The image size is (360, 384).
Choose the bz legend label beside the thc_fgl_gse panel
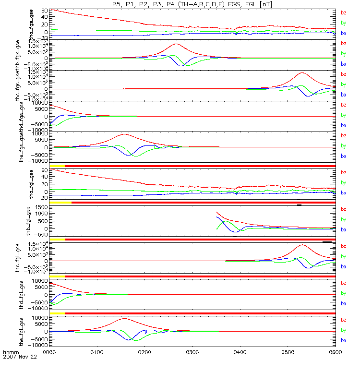[x=343, y=246]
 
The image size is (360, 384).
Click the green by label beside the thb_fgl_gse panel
[x=343, y=219]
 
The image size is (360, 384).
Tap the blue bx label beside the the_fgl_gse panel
[x=343, y=340]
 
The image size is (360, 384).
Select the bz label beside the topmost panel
[x=343, y=13]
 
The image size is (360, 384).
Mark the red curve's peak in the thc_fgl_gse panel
[x=302, y=245]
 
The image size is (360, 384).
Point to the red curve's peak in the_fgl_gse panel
[x=124, y=318]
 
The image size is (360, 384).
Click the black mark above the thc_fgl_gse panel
[x=327, y=242]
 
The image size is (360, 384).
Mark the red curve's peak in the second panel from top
[x=176, y=44]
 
